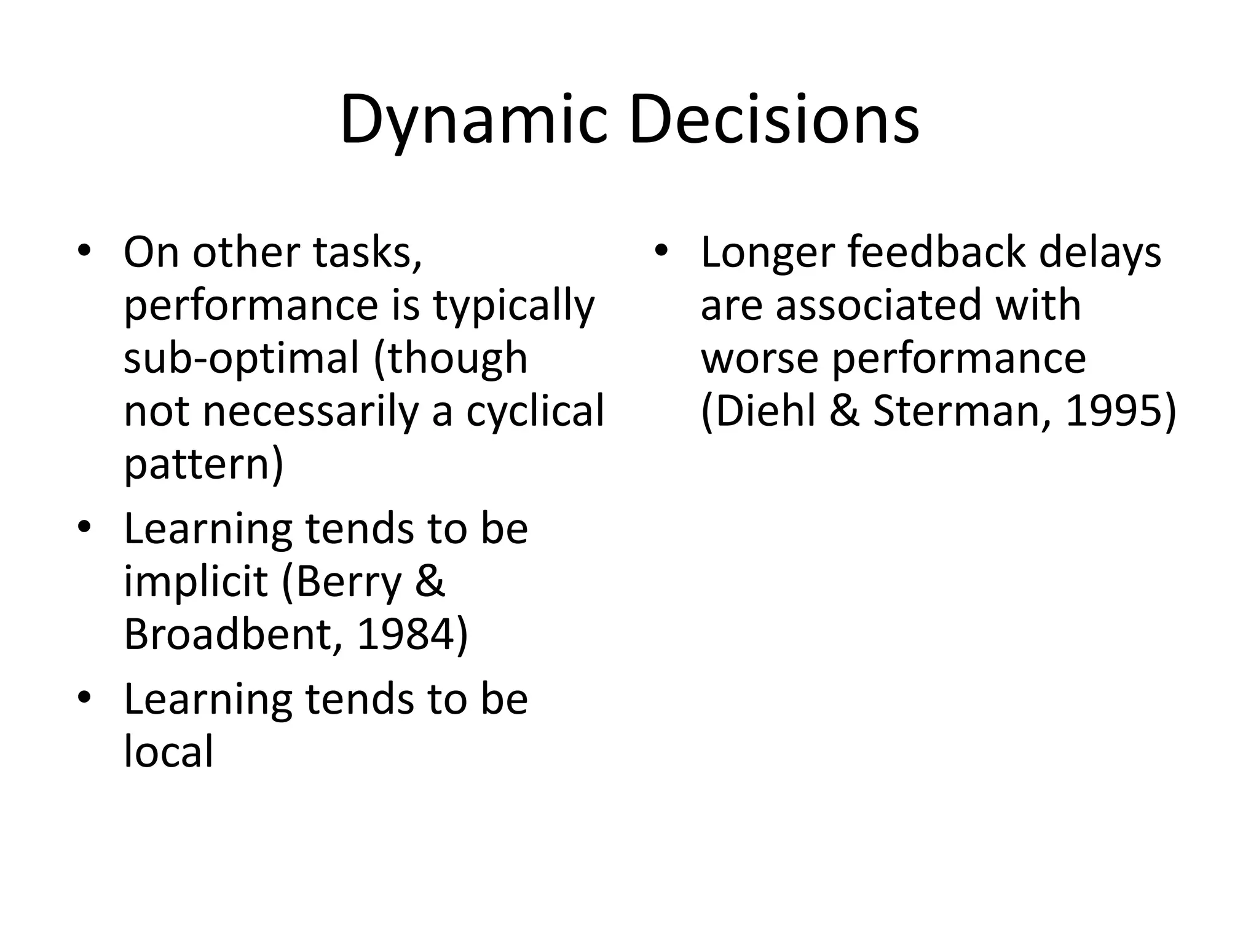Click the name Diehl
click(x=759, y=411)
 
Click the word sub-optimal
click(x=241, y=359)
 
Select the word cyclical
click(x=535, y=411)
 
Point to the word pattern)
click(x=203, y=465)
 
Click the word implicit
click(x=196, y=581)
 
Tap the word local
click(x=168, y=751)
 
